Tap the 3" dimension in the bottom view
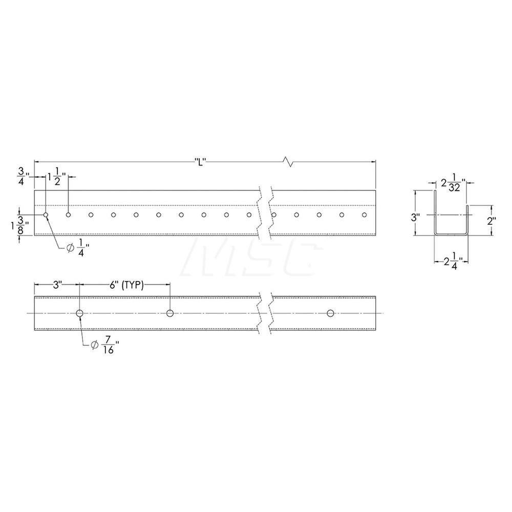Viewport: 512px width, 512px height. [x=56, y=286]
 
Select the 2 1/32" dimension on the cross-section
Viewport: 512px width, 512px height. [x=453, y=184]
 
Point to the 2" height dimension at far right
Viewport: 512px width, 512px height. [x=492, y=221]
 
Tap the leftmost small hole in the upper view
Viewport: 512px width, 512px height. [x=46, y=215]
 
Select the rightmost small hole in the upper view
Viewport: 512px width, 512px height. [x=364, y=215]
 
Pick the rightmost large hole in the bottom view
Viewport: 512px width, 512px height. [x=330, y=313]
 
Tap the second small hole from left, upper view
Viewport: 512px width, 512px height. [x=68, y=215]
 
